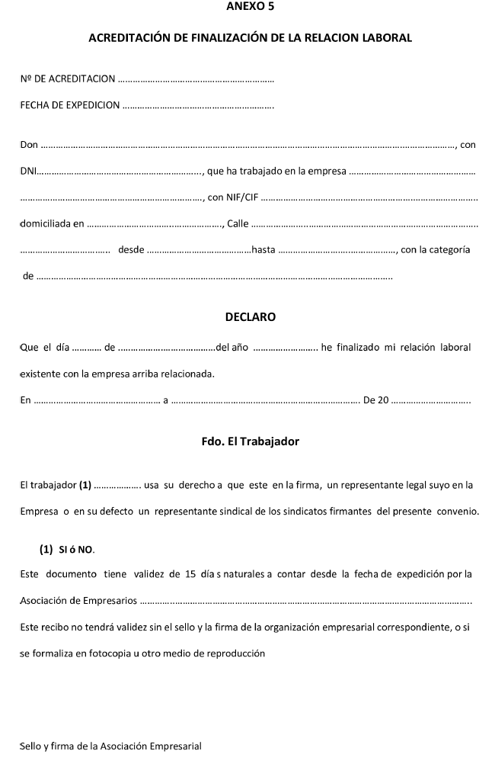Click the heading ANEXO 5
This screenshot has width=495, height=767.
251,7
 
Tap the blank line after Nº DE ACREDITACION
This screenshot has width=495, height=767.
196,79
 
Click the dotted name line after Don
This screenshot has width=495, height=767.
248,145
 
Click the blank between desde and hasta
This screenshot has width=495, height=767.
198,250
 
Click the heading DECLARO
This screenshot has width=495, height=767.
251,316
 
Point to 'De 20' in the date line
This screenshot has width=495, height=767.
376,400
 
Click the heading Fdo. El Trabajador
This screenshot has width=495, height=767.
251,441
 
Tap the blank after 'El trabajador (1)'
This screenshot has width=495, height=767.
117,485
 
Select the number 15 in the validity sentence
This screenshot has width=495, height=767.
191,574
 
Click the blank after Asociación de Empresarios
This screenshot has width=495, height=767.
305,601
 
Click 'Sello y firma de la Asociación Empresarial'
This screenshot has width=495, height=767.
110,746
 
